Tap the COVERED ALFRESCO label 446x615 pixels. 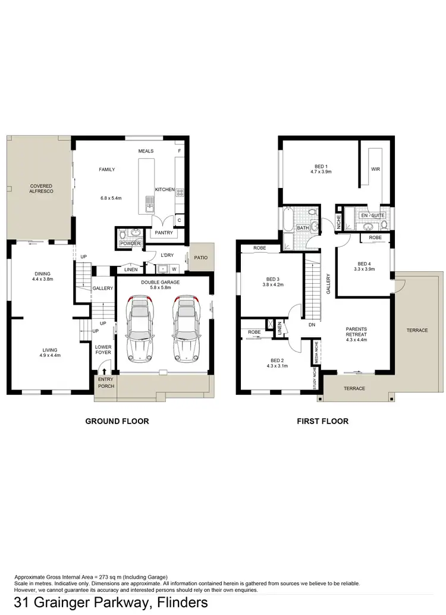coord(42,189)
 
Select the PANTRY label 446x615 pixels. coord(164,233)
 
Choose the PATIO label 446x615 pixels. coord(200,258)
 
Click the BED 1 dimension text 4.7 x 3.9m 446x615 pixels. coord(321,172)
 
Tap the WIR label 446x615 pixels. coord(375,169)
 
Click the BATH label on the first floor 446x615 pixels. coord(303,228)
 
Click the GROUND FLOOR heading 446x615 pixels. coord(117,421)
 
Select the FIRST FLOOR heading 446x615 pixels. coord(323,421)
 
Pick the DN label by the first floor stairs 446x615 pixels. coord(312,325)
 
